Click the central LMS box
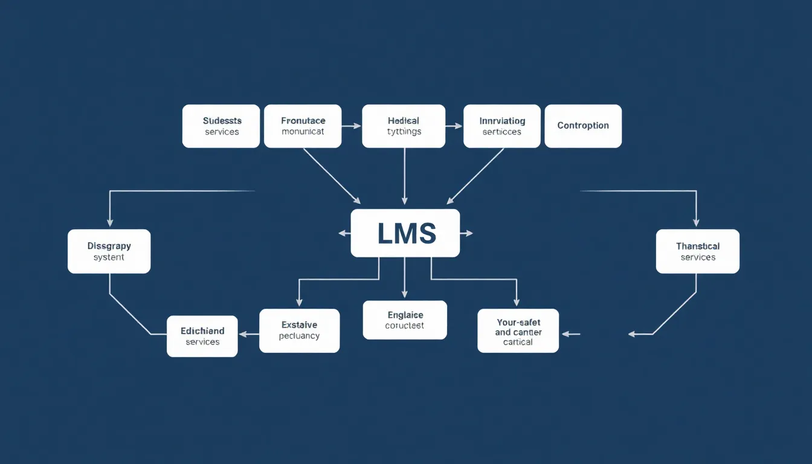click(405, 233)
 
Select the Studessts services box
click(221, 126)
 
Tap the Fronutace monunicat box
click(303, 126)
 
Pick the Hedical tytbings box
click(404, 126)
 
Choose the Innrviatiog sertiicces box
click(502, 126)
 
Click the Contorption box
click(583, 126)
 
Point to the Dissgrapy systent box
click(109, 251)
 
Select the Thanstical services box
click(698, 251)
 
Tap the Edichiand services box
click(202, 337)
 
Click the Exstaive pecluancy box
click(299, 330)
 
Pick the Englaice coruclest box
click(405, 320)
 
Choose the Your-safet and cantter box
click(518, 331)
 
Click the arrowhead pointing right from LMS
click(469, 233)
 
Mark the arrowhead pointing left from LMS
click(342, 233)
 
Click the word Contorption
click(583, 126)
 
